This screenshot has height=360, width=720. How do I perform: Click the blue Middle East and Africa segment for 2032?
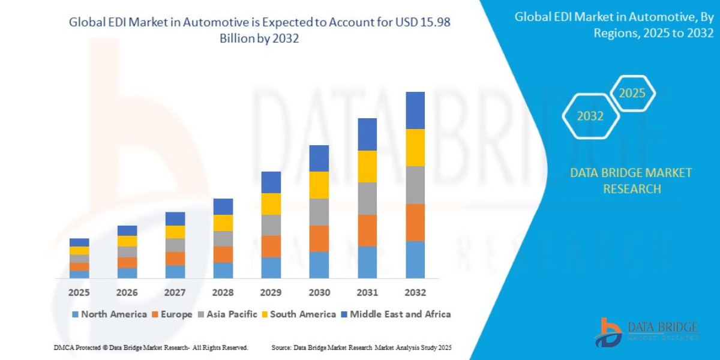(x=415, y=110)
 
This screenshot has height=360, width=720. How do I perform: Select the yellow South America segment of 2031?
(x=367, y=166)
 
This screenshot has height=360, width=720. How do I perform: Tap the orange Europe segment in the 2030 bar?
(x=319, y=238)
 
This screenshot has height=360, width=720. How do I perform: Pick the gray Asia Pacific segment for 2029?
(x=271, y=225)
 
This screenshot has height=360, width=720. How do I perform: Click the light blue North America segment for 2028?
(x=223, y=271)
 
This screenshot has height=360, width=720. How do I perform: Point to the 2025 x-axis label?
(x=79, y=293)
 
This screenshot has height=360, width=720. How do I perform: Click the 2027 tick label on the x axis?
(x=175, y=293)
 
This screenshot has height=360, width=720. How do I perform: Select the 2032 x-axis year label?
(x=415, y=293)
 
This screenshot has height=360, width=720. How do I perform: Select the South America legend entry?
(x=298, y=314)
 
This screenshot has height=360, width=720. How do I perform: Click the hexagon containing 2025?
(x=632, y=94)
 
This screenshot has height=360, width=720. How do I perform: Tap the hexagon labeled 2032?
(x=590, y=116)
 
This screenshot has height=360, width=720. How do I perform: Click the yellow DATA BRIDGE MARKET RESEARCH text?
(x=631, y=181)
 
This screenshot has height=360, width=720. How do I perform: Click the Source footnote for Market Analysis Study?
(x=361, y=348)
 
